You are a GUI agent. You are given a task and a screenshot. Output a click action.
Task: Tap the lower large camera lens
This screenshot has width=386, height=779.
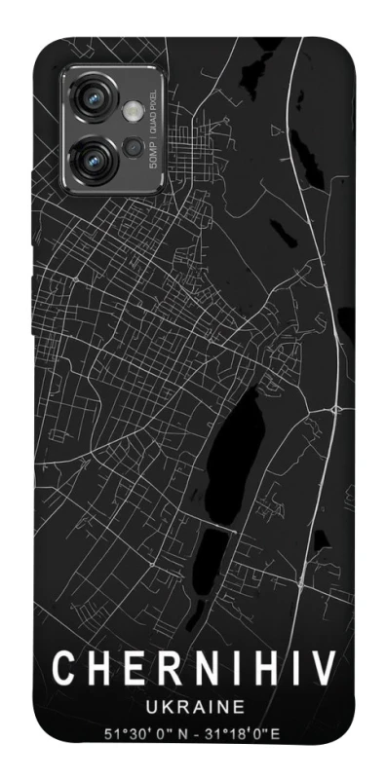pyautogui.click(x=96, y=153)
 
